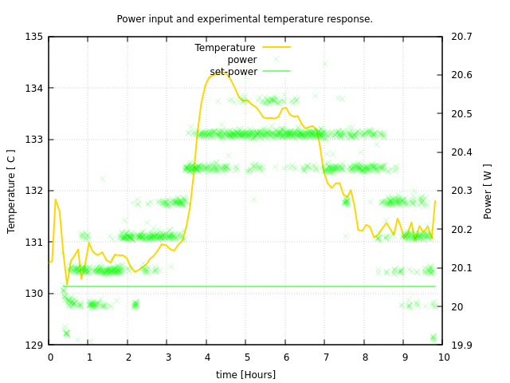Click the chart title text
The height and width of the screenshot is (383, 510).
pyautogui.click(x=245, y=19)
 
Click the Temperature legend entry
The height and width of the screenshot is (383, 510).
pyautogui.click(x=225, y=48)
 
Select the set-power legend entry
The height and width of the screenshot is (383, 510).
pyautogui.click(x=233, y=72)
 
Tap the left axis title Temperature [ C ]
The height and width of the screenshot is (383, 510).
pyautogui.click(x=11, y=191)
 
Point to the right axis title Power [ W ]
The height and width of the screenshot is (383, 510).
pyautogui.click(x=488, y=191)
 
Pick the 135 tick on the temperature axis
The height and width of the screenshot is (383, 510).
pyautogui.click(x=33, y=37)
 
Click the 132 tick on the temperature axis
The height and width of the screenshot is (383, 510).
pyautogui.click(x=33, y=191)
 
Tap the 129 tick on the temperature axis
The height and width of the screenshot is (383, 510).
pyautogui.click(x=33, y=345)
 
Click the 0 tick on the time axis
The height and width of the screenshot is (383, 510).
pyautogui.click(x=49, y=357)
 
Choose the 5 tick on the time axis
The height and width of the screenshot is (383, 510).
pyautogui.click(x=246, y=357)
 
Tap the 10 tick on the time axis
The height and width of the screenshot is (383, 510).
pyautogui.click(x=443, y=357)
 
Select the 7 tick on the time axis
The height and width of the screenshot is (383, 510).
pyautogui.click(x=325, y=357)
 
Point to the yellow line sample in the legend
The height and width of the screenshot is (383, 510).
pyautogui.click(x=277, y=48)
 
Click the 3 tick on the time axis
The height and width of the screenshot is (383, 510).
pyautogui.click(x=167, y=357)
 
